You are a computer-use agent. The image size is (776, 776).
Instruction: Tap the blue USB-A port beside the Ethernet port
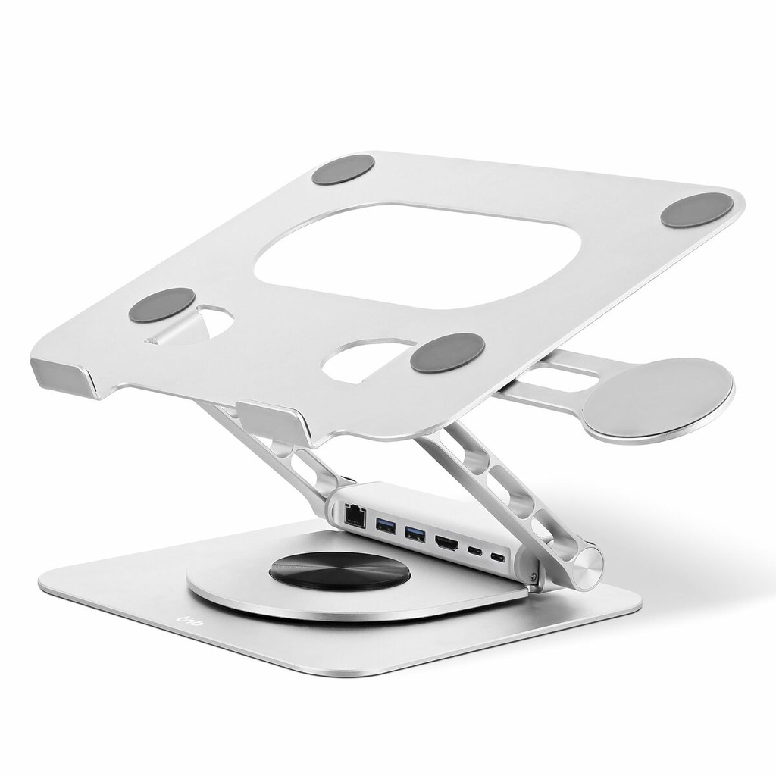tap(384, 524)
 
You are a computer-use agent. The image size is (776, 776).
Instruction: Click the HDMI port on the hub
tap(446, 543)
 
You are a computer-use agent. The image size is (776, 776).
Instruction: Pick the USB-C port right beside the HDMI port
tap(475, 552)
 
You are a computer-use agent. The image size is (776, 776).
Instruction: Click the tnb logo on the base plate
tap(172, 621)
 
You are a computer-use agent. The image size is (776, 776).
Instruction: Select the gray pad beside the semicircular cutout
tap(448, 352)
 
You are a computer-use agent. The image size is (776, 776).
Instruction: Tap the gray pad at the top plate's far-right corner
tap(696, 210)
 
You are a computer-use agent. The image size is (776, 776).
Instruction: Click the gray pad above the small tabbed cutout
tap(161, 305)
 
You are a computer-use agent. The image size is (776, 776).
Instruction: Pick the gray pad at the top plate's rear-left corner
tap(343, 170)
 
